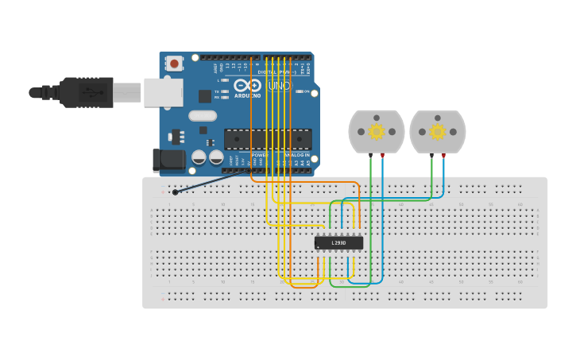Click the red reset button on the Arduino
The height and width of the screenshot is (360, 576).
(x=174, y=63)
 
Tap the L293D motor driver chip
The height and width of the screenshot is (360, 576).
(x=338, y=242)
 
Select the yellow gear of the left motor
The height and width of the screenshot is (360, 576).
(x=377, y=131)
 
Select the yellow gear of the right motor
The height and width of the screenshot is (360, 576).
(x=438, y=131)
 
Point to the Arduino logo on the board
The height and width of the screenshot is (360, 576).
(x=248, y=87)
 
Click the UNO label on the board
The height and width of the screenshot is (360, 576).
(x=279, y=86)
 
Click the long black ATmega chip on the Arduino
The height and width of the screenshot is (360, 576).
(x=267, y=139)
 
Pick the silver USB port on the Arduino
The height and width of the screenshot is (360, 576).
(x=163, y=92)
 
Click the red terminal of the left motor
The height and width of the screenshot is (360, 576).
(x=383, y=154)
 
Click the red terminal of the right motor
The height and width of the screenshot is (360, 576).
(x=443, y=154)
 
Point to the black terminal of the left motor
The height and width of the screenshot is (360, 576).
(x=371, y=154)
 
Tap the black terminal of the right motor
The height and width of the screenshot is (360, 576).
(x=431, y=154)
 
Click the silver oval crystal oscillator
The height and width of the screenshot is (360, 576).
(x=203, y=116)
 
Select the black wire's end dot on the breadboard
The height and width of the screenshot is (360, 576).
(x=175, y=192)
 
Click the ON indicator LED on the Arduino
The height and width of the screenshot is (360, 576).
(x=300, y=91)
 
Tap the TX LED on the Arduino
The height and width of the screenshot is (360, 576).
(x=226, y=91)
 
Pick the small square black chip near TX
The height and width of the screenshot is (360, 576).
(x=205, y=96)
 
